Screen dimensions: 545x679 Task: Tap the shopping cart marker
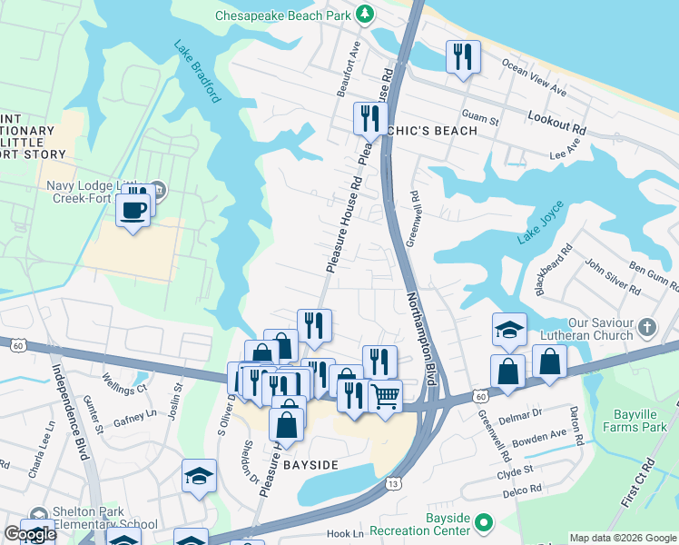click(386, 396)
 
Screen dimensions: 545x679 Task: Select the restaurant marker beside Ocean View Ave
click(463, 57)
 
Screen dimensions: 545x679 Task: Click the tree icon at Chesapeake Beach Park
click(365, 14)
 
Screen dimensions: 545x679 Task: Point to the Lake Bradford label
click(198, 73)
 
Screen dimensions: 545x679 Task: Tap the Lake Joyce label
click(540, 231)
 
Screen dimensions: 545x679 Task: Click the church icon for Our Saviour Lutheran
click(647, 325)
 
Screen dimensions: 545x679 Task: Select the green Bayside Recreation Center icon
click(485, 523)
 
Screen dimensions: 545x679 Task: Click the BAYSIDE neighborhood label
click(310, 465)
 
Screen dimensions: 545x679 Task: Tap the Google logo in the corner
click(30, 534)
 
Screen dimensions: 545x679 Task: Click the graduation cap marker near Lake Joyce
click(509, 331)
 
